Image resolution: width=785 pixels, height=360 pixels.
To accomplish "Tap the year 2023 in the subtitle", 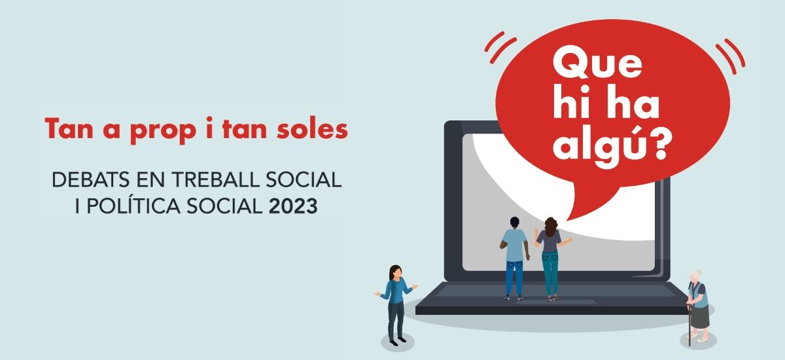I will pos(294,207).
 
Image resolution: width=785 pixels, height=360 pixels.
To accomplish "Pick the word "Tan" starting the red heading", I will pos(65,129).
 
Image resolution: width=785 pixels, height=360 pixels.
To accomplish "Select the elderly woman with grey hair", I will pos(698,304).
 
